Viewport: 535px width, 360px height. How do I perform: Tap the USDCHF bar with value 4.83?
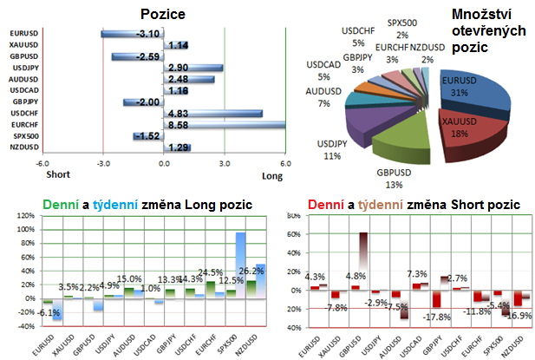point(212,113)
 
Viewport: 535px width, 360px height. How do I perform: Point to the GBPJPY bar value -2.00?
point(144,101)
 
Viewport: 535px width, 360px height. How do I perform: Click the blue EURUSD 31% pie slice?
point(473,95)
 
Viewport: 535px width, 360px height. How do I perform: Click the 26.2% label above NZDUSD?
point(251,270)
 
